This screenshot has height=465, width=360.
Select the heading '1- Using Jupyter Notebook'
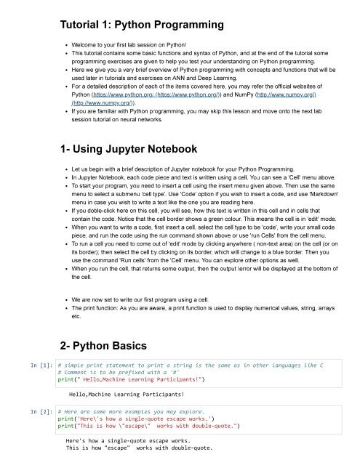pos(129,149)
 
